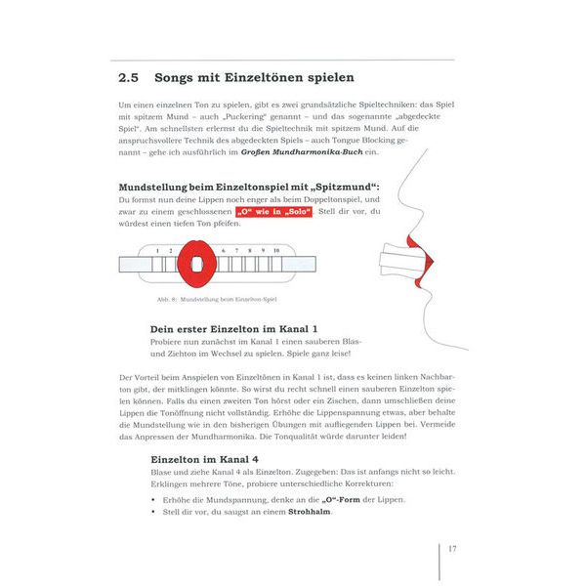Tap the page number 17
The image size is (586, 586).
452,548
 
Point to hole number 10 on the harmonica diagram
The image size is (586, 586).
276,251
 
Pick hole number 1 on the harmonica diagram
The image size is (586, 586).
156,251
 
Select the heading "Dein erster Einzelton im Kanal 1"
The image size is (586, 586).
233,329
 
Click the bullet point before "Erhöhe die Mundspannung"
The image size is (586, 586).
153,499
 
